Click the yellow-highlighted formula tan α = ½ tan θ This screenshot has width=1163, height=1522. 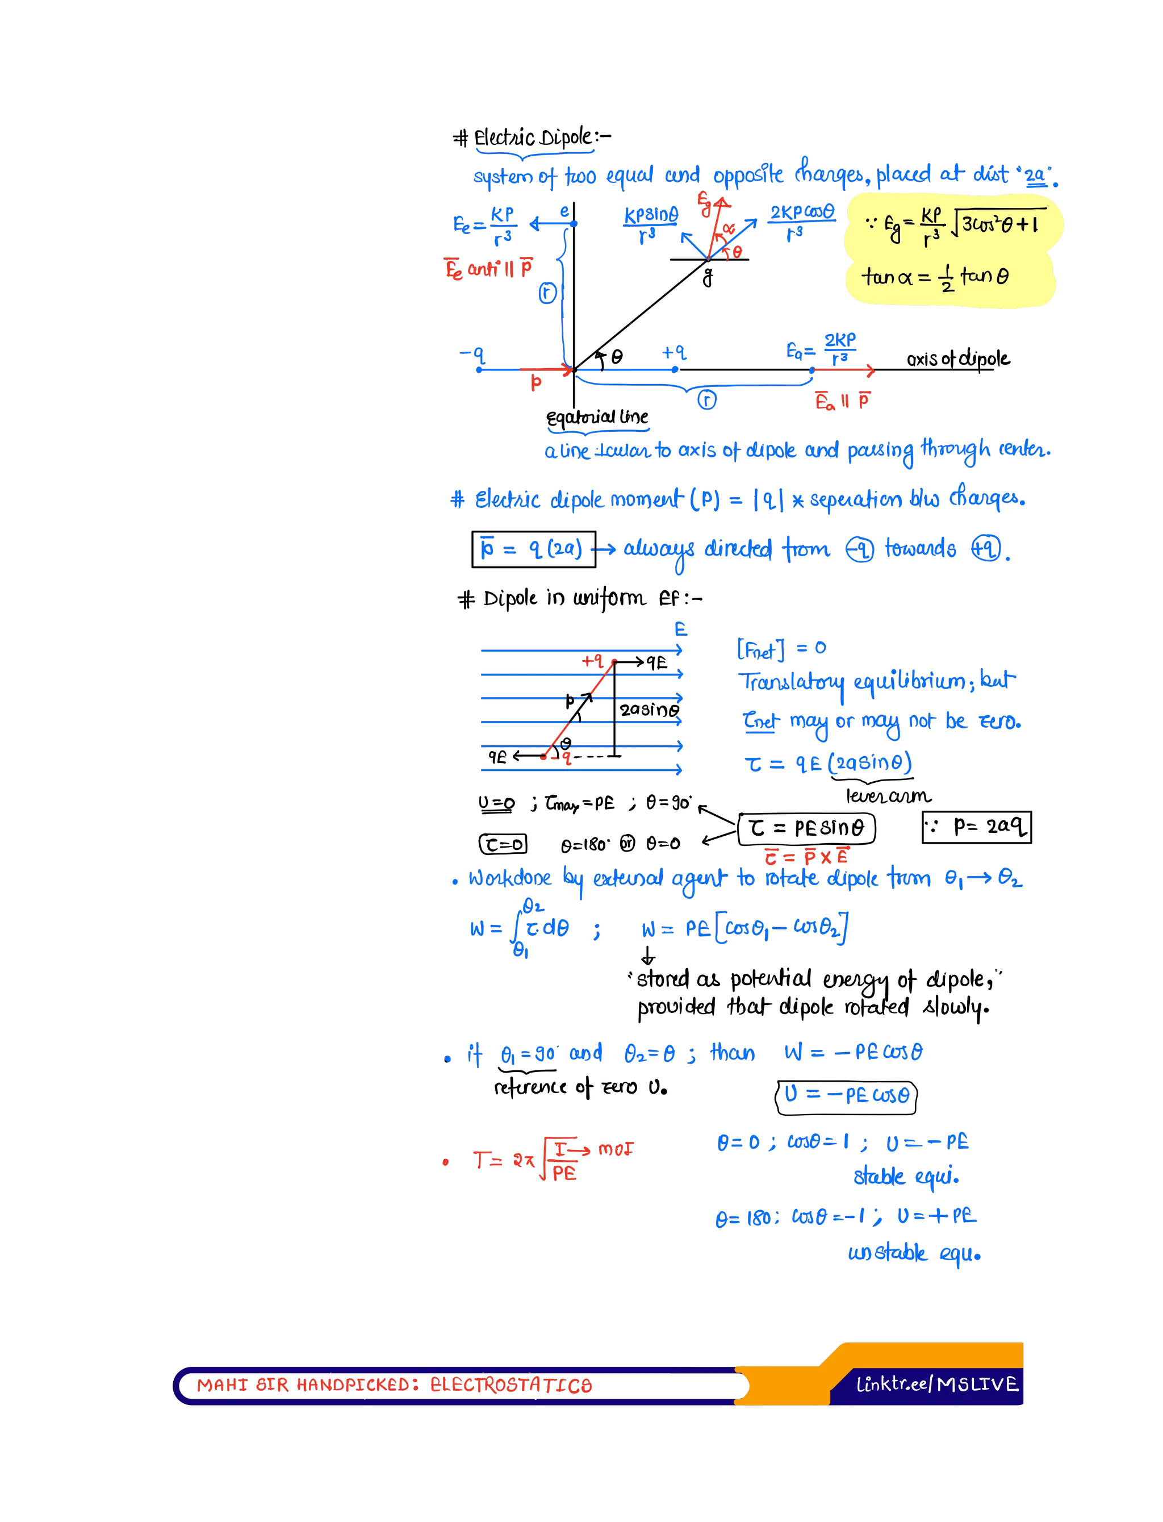click(935, 278)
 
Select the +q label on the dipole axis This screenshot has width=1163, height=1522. click(673, 353)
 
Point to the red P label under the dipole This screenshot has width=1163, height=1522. click(536, 383)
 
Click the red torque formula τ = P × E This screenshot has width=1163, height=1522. click(806, 857)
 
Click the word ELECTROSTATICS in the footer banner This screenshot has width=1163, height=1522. click(511, 1385)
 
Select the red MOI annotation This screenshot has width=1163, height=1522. click(616, 1150)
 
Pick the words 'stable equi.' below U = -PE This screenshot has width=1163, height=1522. click(906, 1177)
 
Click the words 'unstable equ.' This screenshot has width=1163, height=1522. click(914, 1253)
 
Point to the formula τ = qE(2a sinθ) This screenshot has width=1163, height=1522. click(829, 764)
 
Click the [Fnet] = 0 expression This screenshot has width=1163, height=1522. click(781, 649)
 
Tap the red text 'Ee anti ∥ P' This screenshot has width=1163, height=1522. click(488, 269)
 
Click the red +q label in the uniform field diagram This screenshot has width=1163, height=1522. click(593, 661)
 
